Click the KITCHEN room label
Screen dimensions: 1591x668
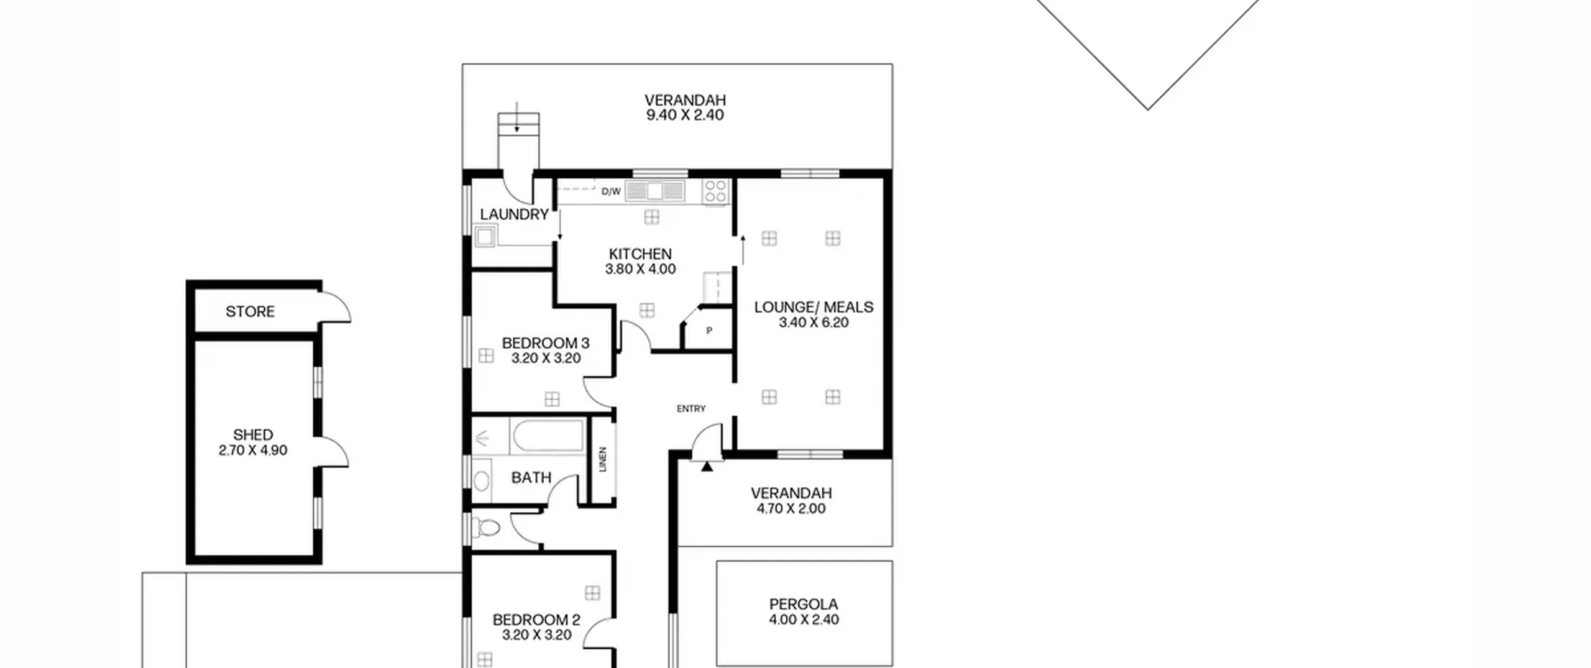640,254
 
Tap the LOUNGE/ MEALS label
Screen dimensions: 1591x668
814,307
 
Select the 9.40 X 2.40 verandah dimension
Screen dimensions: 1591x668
685,115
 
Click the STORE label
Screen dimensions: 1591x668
250,311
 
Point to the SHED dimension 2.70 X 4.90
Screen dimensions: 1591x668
253,451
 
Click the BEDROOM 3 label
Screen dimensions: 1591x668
546,343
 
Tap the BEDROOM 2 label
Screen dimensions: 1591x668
536,620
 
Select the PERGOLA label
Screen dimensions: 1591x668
804,604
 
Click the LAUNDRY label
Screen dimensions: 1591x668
514,214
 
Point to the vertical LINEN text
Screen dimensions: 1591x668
602,459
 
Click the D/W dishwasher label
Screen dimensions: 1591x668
611,191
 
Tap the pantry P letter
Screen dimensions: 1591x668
709,331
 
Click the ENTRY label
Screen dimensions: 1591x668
691,408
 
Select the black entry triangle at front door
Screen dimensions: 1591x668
707,466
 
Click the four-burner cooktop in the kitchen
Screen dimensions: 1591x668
715,191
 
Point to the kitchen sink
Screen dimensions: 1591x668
654,191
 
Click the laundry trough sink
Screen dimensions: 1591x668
485,236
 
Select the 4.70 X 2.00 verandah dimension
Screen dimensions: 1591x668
791,509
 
